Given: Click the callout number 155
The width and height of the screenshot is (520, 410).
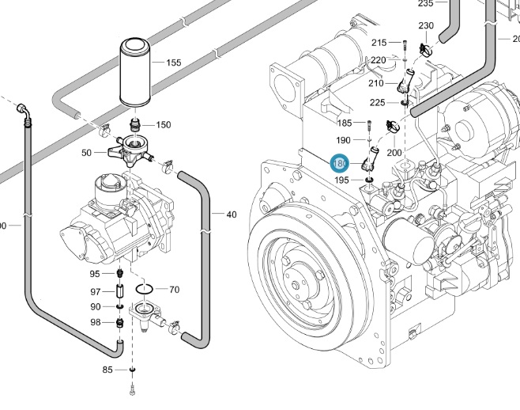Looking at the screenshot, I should tap(173, 63).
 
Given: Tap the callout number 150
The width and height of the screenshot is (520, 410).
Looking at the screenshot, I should tap(163, 125).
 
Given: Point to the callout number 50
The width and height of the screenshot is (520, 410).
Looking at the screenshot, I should tap(87, 152).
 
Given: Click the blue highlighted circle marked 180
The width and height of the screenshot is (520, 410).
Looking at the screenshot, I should tap(340, 163).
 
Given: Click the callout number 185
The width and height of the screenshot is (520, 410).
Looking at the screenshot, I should tap(345, 123).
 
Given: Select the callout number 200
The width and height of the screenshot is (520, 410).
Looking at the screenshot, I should tap(394, 152).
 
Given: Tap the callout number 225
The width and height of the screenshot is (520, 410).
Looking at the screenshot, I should tap(378, 102).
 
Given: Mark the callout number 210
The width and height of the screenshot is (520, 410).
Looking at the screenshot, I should tap(375, 83).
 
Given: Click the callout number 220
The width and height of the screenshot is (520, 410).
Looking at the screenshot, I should tap(379, 60).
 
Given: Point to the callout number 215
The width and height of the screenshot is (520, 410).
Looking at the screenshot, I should tap(379, 43).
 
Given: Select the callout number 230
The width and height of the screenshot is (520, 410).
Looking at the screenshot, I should tap(426, 26).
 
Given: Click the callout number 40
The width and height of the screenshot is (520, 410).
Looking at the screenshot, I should tap(231, 214).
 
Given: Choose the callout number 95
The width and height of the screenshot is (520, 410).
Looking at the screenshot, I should tap(95, 274).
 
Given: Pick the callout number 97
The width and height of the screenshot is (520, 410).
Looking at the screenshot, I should tap(95, 292).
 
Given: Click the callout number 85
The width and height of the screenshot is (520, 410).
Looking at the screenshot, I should tap(107, 370).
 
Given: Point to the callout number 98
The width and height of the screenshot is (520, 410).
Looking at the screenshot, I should tap(95, 322).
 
